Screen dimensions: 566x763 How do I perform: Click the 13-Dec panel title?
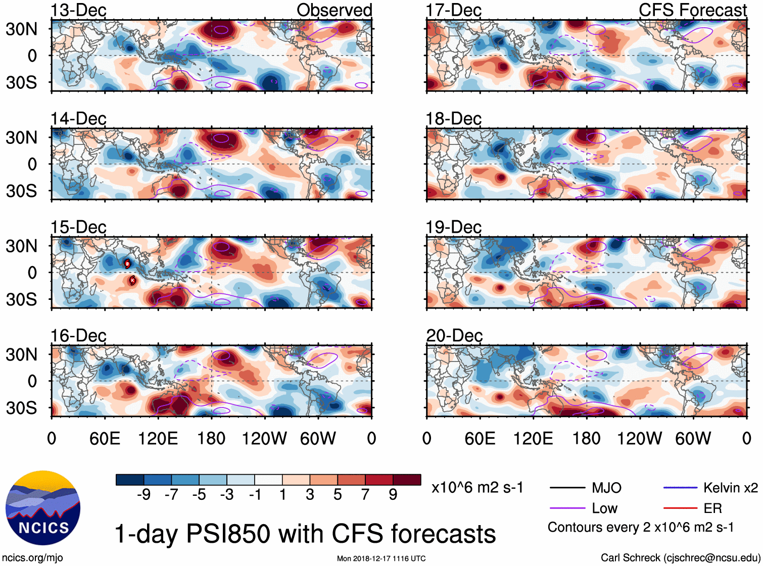click(78, 10)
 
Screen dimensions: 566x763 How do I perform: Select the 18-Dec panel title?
click(453, 119)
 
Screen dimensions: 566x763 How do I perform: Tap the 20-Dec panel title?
click(454, 336)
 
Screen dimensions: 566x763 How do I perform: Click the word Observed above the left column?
click(334, 10)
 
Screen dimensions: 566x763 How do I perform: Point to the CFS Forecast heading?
click(692, 10)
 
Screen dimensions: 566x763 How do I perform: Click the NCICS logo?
click(43, 507)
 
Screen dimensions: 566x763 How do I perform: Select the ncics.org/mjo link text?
click(32, 557)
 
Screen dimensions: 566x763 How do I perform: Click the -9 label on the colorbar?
click(144, 495)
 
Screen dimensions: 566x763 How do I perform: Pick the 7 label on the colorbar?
click(365, 495)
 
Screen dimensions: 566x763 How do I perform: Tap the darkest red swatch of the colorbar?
click(407, 480)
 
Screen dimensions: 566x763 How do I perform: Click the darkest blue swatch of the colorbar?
click(130, 480)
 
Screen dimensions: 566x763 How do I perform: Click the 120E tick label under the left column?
click(158, 438)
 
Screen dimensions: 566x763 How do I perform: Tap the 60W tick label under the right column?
click(693, 438)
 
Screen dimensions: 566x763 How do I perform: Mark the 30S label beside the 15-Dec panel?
click(21, 299)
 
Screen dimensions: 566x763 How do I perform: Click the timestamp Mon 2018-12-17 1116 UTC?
click(381, 558)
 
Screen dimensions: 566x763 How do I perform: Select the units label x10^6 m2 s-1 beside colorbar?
click(477, 488)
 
